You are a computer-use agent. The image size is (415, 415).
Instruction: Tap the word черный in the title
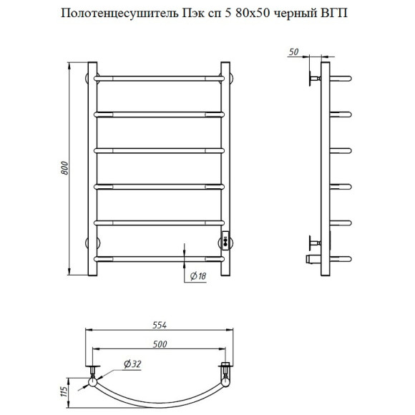(302, 12)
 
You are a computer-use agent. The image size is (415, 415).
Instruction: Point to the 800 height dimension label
(64, 169)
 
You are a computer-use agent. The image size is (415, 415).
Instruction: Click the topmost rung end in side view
(342, 77)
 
